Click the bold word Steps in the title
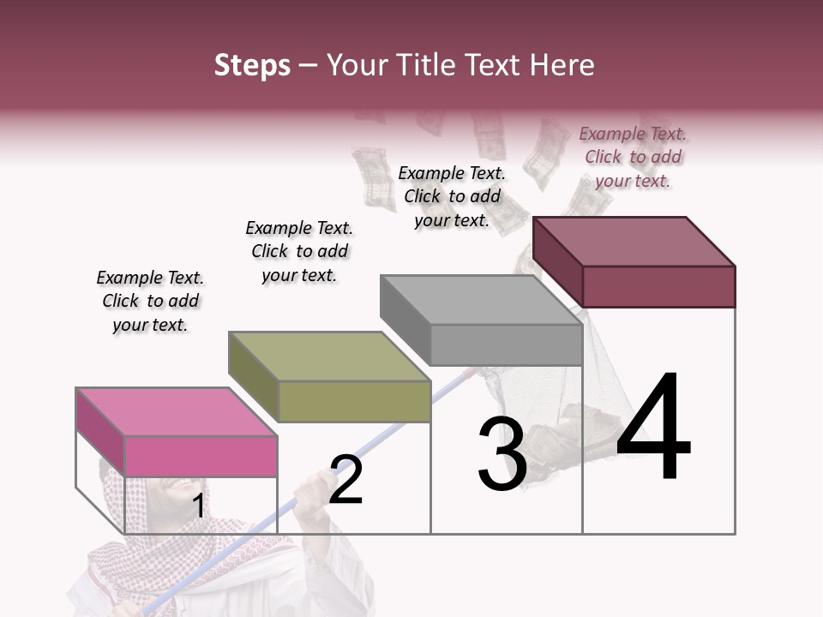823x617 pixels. (x=252, y=65)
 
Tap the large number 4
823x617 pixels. (x=653, y=428)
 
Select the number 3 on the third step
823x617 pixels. (x=502, y=455)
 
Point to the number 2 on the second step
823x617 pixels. (x=346, y=481)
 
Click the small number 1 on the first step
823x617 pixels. (x=198, y=506)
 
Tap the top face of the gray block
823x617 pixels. (x=481, y=299)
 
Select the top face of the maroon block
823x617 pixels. (x=634, y=241)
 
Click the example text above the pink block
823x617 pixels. (x=151, y=301)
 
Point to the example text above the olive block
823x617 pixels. (x=299, y=251)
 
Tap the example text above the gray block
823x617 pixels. (x=452, y=196)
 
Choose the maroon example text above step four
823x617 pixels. (x=633, y=157)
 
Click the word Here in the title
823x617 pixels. (x=563, y=65)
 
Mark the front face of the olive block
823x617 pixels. (x=354, y=401)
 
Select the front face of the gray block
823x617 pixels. (x=506, y=345)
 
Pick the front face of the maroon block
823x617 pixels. (x=658, y=286)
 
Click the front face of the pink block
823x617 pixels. (x=201, y=456)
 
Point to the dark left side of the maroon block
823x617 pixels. (x=557, y=261)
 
